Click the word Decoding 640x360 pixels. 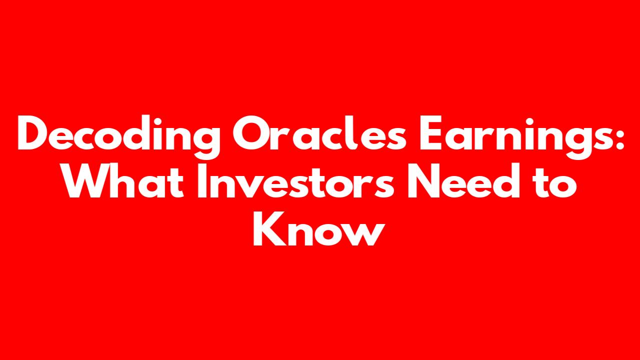[x=118, y=137]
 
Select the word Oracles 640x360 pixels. [x=319, y=133]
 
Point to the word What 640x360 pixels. [x=123, y=180]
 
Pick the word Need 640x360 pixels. [x=463, y=180]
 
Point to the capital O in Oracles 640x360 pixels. [x=250, y=133]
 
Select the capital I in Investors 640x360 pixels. [x=202, y=180]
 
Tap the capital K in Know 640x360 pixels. [x=269, y=228]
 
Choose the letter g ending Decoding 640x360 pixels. [x=205, y=143]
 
